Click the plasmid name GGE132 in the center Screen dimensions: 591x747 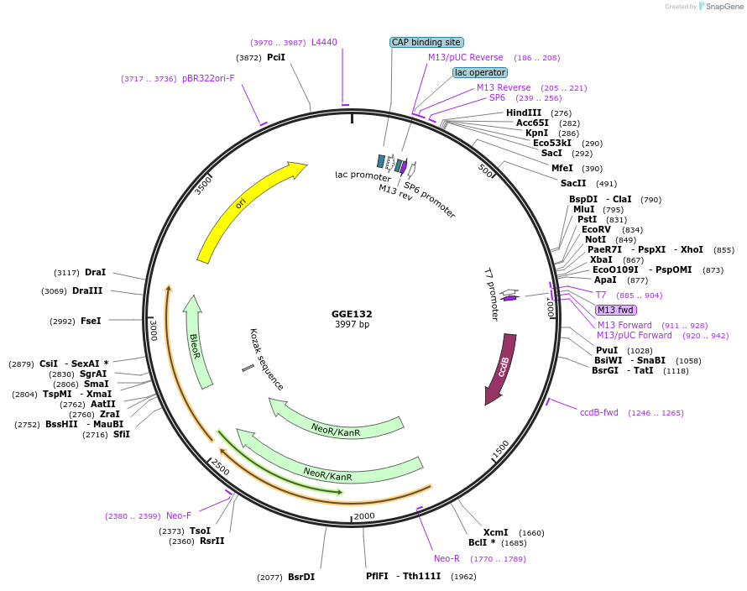click(352, 314)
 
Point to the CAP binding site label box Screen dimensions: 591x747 click(426, 42)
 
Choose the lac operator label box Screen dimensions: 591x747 click(479, 72)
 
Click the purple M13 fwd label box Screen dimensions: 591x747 click(616, 310)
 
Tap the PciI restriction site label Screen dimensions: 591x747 click(276, 58)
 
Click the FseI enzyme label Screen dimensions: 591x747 click(91, 321)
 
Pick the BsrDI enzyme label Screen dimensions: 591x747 click(301, 577)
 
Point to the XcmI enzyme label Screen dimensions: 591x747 click(496, 532)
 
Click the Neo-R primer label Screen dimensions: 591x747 click(447, 558)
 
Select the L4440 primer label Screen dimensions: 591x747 click(324, 42)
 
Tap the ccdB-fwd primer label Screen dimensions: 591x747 click(599, 412)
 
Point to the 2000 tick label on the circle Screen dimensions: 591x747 click(364, 515)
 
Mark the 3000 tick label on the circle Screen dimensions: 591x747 click(153, 330)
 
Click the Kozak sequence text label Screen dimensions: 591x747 click(267, 359)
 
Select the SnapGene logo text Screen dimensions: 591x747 click(723, 7)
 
